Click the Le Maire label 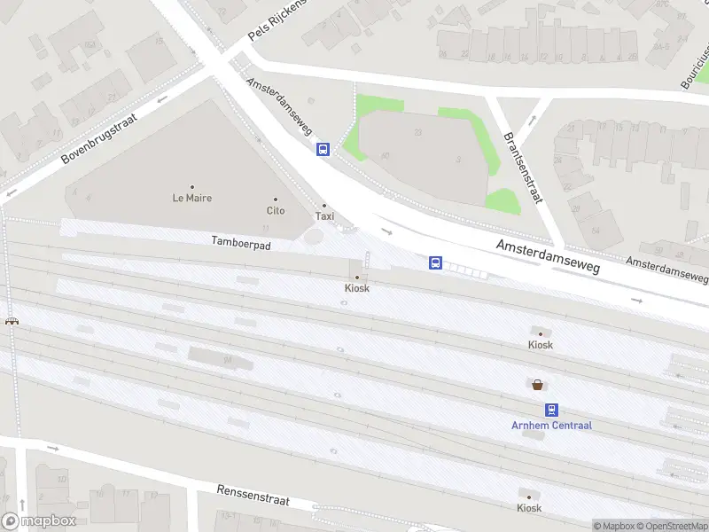tap(191, 198)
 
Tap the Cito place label tap(276, 210)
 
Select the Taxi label tap(325, 215)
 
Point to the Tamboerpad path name tap(240, 242)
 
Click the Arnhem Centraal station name tap(551, 425)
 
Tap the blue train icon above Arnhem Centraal tap(551, 410)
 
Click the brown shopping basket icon tap(538, 384)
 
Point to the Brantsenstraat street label tap(522, 168)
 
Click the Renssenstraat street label tap(253, 495)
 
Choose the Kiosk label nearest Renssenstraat tap(529, 508)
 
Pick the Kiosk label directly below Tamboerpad tap(357, 288)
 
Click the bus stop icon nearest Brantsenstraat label tap(435, 262)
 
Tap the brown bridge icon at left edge tap(12, 320)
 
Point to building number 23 tap(417, 132)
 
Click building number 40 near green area tap(385, 156)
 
